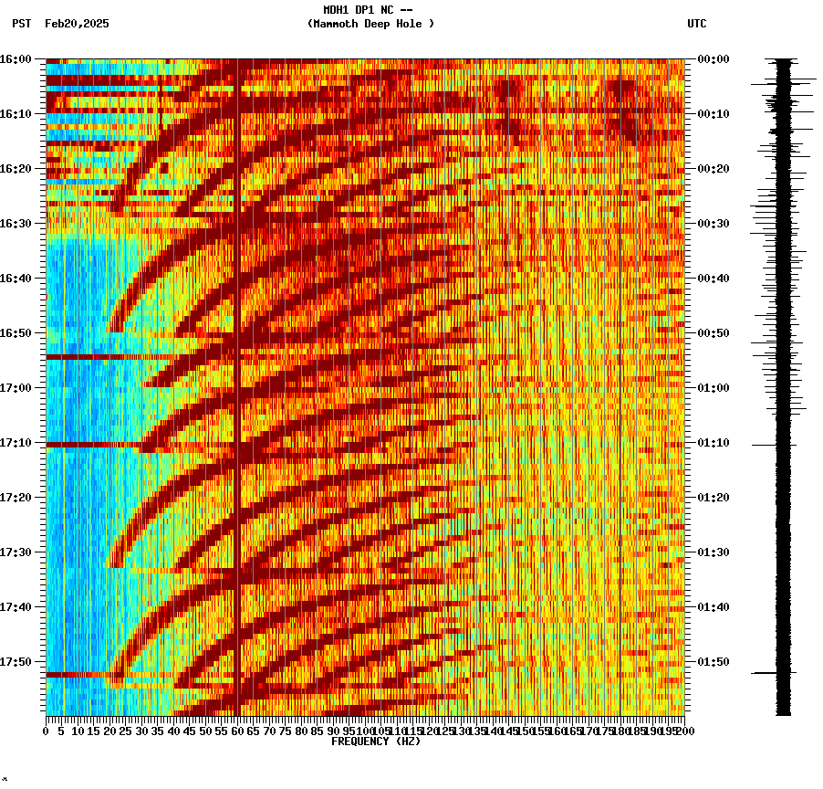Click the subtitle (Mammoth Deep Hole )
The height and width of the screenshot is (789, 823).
(x=370, y=24)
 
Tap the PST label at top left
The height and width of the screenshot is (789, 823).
(x=21, y=24)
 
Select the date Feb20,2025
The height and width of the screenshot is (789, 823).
(x=77, y=24)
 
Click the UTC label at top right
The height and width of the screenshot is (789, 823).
(x=696, y=24)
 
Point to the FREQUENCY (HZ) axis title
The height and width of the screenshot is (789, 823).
(x=375, y=742)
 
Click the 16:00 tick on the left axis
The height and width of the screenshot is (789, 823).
(x=16, y=59)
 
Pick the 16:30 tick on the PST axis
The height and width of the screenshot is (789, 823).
(x=16, y=224)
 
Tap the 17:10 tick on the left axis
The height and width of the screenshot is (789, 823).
(x=16, y=443)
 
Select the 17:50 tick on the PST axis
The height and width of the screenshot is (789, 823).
(x=16, y=662)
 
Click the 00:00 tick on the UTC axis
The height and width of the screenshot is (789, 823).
(x=714, y=59)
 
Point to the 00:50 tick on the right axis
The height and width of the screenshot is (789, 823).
(x=714, y=333)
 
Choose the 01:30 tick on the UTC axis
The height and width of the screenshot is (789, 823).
(x=714, y=552)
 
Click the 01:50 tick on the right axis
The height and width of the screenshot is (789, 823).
(x=714, y=662)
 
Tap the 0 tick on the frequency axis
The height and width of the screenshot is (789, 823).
(x=47, y=731)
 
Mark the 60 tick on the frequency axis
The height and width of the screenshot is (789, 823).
(x=238, y=731)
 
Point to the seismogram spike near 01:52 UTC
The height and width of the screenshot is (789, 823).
(x=765, y=673)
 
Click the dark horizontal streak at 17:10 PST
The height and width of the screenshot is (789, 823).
(x=91, y=445)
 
